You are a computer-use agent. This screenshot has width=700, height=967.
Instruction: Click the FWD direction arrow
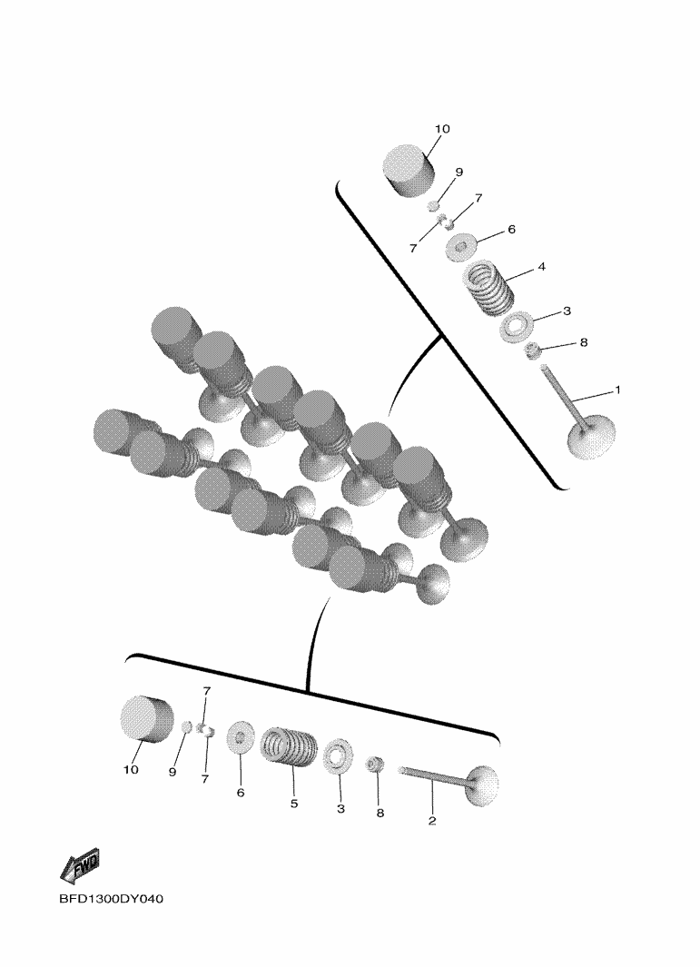point(80,867)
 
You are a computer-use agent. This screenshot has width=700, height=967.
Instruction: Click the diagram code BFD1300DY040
point(112,899)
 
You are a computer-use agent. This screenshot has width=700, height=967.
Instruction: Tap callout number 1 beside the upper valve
point(617,390)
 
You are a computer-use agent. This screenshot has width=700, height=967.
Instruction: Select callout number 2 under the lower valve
point(432,821)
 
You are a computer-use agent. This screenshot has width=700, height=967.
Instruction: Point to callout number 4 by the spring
point(541,267)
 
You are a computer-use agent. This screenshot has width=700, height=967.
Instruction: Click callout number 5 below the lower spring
point(294,804)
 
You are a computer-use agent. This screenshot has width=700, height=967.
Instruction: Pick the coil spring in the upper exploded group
point(488,288)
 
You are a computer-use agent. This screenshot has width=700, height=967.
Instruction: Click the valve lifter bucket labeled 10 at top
point(408,171)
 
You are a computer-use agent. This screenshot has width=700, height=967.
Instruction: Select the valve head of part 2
point(484,785)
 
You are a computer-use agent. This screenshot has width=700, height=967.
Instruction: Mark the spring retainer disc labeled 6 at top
point(460,247)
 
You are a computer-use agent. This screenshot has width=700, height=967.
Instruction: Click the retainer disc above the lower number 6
point(241,736)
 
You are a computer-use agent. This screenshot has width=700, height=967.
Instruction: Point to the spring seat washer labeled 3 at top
point(514,326)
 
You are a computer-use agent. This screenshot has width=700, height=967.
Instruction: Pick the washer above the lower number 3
point(338,755)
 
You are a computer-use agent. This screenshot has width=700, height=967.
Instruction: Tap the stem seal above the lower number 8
point(374,765)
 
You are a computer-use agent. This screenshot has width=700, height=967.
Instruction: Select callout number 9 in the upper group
point(458,172)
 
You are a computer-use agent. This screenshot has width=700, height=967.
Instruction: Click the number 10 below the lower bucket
point(131,770)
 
